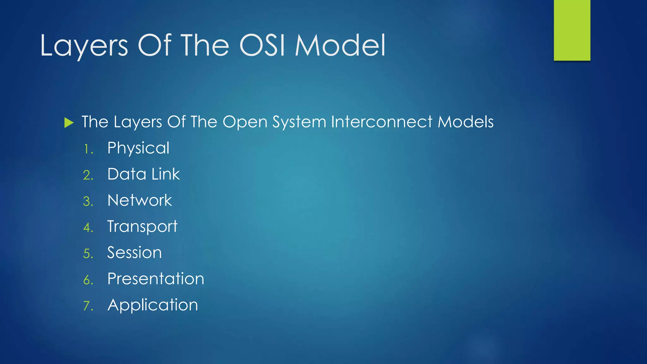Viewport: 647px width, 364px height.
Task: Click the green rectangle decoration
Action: pyautogui.click(x=572, y=30)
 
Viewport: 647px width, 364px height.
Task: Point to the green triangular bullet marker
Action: pyautogui.click(x=69, y=123)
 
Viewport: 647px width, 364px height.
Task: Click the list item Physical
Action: pyautogui.click(x=138, y=148)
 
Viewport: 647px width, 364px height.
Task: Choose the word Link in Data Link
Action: pyautogui.click(x=166, y=174)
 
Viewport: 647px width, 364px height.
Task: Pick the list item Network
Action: pyautogui.click(x=140, y=200)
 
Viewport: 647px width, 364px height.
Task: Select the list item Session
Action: pyautogui.click(x=134, y=253)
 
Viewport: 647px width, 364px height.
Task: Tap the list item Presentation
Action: pyautogui.click(x=156, y=279)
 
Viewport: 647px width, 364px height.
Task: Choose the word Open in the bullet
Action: pyautogui.click(x=245, y=123)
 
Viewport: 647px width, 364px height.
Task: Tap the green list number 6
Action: pyautogui.click(x=88, y=280)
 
